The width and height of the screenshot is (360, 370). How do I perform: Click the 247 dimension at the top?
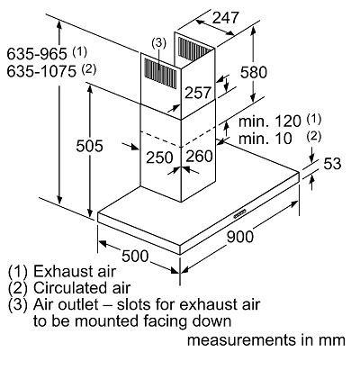[226, 18]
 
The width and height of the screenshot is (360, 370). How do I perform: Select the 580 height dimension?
[254, 72]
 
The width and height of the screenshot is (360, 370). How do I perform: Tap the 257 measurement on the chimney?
[198, 93]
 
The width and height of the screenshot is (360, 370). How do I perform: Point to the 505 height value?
[89, 146]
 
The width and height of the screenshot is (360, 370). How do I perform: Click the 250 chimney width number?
[159, 158]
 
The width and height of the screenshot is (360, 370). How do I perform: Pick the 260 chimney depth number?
[199, 157]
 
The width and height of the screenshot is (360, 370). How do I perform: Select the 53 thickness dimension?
[332, 164]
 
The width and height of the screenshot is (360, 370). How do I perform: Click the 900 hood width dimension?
[240, 237]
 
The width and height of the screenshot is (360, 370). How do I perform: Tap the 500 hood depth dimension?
[135, 256]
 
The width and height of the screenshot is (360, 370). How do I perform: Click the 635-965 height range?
[37, 54]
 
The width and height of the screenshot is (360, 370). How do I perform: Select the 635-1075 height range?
[41, 71]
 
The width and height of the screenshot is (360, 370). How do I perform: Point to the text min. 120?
[270, 122]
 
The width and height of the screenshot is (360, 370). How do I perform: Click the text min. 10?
[265, 139]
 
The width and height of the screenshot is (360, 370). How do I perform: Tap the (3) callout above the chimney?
[158, 43]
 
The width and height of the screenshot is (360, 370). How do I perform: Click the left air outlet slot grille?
[161, 73]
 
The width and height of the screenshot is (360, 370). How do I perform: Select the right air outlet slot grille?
[195, 48]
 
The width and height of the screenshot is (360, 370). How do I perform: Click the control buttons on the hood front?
[240, 213]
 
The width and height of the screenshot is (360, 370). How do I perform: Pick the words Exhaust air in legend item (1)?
[75, 271]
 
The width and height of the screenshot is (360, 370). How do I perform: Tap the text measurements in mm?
[266, 340]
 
